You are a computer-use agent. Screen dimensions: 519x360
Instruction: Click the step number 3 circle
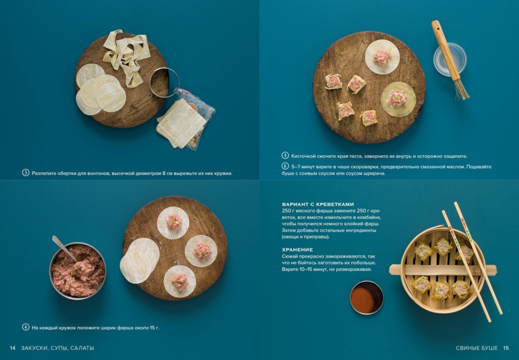click(x=26, y=172)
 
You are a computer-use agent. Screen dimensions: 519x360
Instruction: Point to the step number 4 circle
click(x=26, y=327)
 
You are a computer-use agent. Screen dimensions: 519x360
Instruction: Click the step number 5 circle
click(x=285, y=156)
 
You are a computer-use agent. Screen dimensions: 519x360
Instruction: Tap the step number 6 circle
click(x=285, y=166)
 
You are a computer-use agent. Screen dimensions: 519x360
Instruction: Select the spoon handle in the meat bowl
click(x=63, y=247)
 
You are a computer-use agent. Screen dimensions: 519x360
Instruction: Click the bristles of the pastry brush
click(x=461, y=89)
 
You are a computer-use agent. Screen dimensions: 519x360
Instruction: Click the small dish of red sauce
click(x=367, y=298)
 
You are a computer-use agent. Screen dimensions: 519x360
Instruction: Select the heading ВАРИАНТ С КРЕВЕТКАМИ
click(x=318, y=204)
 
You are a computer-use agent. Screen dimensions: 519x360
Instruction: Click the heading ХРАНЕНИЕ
click(x=297, y=250)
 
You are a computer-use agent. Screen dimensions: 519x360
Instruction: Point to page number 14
click(x=12, y=348)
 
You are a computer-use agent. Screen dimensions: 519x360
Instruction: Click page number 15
click(x=506, y=348)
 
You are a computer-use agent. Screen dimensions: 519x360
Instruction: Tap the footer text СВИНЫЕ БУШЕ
click(x=476, y=348)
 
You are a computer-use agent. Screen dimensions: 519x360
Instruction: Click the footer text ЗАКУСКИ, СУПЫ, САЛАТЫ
click(x=58, y=348)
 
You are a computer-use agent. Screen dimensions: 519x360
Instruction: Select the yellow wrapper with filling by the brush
click(x=398, y=99)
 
